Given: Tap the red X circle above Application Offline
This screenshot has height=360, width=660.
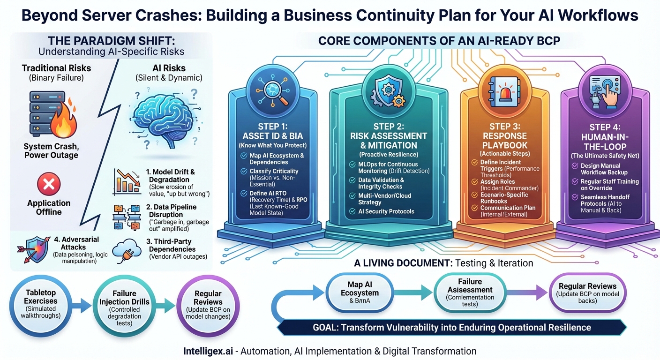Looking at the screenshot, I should [x=49, y=184].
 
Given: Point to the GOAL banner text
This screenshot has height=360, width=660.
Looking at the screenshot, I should [x=451, y=327].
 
